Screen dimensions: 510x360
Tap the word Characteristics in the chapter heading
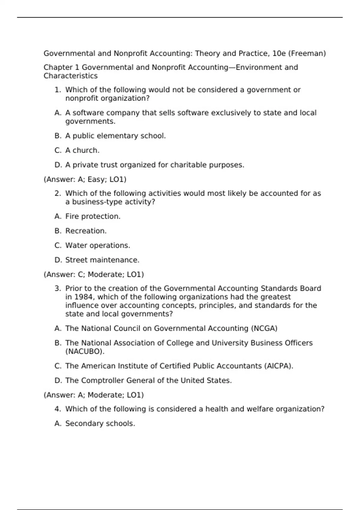point(70,76)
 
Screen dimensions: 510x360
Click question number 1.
point(58,90)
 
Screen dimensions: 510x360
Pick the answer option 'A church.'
point(82,150)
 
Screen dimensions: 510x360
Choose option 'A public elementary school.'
point(115,136)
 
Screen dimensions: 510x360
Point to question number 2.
point(58,193)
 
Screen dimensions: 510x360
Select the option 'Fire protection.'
point(93,216)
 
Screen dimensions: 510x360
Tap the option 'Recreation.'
point(86,231)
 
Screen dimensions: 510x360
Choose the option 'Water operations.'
point(97,245)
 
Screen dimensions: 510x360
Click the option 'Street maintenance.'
point(102,260)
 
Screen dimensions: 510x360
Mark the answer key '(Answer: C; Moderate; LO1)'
point(94,274)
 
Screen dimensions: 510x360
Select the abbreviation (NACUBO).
point(85,351)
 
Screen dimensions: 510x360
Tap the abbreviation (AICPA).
point(278,366)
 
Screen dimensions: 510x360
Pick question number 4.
point(58,409)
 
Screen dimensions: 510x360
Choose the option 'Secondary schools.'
point(100,424)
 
